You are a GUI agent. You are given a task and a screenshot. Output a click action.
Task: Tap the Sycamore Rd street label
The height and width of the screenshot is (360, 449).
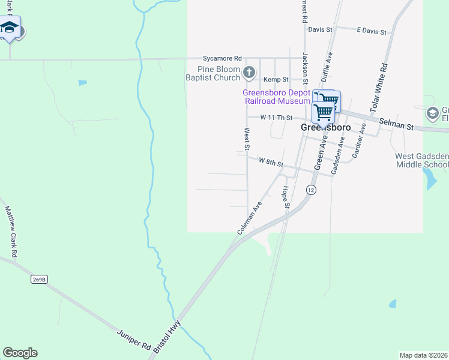(222, 58)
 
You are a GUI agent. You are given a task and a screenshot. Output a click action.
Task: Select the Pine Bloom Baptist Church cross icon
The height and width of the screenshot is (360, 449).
(250, 73)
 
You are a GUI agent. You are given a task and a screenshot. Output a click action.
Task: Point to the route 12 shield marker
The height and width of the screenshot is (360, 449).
(310, 190)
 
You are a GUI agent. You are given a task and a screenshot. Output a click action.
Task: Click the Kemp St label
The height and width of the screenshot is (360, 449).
(277, 79)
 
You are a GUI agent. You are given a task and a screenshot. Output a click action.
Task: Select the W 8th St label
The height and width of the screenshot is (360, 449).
(271, 161)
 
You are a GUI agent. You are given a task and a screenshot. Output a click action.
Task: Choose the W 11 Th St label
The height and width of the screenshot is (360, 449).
(276, 118)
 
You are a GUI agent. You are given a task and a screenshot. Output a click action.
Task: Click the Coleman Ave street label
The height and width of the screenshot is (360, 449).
(250, 217)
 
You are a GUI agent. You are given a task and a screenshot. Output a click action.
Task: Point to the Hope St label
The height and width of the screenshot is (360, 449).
(286, 197)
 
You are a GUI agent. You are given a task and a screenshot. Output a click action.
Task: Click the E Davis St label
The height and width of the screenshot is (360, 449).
(370, 29)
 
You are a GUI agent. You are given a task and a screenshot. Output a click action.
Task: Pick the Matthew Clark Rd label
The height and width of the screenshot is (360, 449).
(11, 232)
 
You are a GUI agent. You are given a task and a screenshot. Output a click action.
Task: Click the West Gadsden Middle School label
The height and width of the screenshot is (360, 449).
(421, 160)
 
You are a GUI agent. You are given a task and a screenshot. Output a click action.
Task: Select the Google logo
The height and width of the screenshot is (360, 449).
(20, 353)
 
